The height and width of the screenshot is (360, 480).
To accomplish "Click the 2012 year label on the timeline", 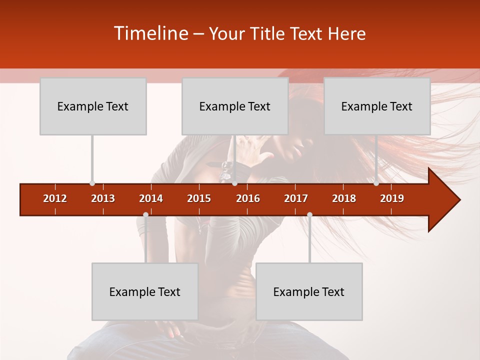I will click(x=55, y=198).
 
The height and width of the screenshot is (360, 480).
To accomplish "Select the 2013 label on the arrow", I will click(x=103, y=198).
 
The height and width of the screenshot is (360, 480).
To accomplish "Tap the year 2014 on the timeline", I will click(x=151, y=198).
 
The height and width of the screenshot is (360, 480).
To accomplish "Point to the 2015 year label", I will click(x=199, y=198).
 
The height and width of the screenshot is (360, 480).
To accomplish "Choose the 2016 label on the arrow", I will click(x=248, y=198).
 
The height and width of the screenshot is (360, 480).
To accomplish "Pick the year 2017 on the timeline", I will click(x=296, y=198).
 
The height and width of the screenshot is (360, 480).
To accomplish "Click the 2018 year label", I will click(x=344, y=198).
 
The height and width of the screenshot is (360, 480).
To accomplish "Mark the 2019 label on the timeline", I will click(x=392, y=198).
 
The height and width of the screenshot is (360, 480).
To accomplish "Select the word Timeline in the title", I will click(x=150, y=33).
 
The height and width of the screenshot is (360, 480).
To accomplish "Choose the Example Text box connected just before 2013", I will click(x=93, y=106).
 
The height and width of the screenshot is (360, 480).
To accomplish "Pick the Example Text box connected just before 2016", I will click(x=235, y=106).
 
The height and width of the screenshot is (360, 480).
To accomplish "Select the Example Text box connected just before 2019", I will click(x=377, y=106).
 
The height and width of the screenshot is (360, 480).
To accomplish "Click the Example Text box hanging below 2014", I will click(x=145, y=291).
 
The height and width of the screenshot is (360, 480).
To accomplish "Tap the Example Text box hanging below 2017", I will click(x=309, y=291).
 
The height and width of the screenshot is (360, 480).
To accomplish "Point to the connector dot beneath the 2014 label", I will click(x=145, y=215).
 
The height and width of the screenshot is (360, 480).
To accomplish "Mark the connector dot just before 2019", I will click(x=376, y=183).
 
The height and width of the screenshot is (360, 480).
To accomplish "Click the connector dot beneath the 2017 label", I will click(x=309, y=215).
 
